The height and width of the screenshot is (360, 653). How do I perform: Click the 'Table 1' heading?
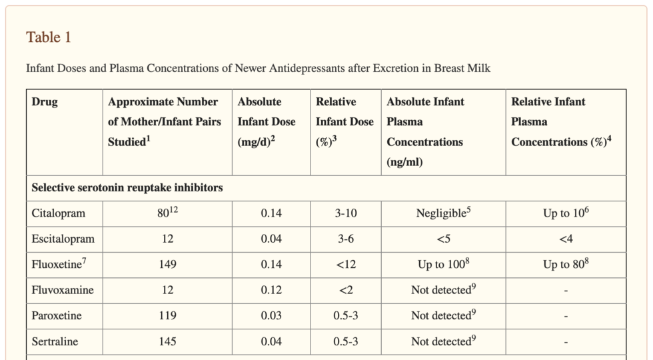pos(49,37)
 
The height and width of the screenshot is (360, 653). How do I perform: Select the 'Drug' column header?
pos(45,102)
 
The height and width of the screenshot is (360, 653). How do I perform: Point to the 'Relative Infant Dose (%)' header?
pos(336,121)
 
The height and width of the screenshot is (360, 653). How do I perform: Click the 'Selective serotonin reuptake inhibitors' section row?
pos(127,188)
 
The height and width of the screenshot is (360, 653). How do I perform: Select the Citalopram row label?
pos(58,214)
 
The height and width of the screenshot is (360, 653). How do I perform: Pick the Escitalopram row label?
pos(63,239)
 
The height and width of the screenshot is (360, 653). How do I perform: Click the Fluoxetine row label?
pos(57,264)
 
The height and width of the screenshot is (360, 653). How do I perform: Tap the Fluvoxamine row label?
pos(63,290)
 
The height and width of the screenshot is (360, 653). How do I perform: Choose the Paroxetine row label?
pos(57,315)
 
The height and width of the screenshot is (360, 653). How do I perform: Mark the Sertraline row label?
pos(55,341)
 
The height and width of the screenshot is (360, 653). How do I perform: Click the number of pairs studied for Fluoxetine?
pos(168,265)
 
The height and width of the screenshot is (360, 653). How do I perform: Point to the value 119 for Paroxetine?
pos(168,315)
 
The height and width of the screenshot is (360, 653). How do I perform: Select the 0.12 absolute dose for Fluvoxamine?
pos(271,290)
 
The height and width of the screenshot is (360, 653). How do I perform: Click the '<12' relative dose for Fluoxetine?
pos(346,265)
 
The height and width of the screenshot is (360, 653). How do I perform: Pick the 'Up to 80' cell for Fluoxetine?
pos(566,264)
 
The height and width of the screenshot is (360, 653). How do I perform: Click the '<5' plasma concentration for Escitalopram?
pos(443,239)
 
